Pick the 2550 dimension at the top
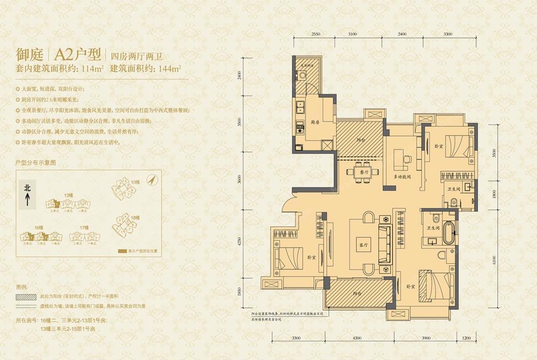(x=315, y=34)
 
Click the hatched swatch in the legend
(x=25, y=297)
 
